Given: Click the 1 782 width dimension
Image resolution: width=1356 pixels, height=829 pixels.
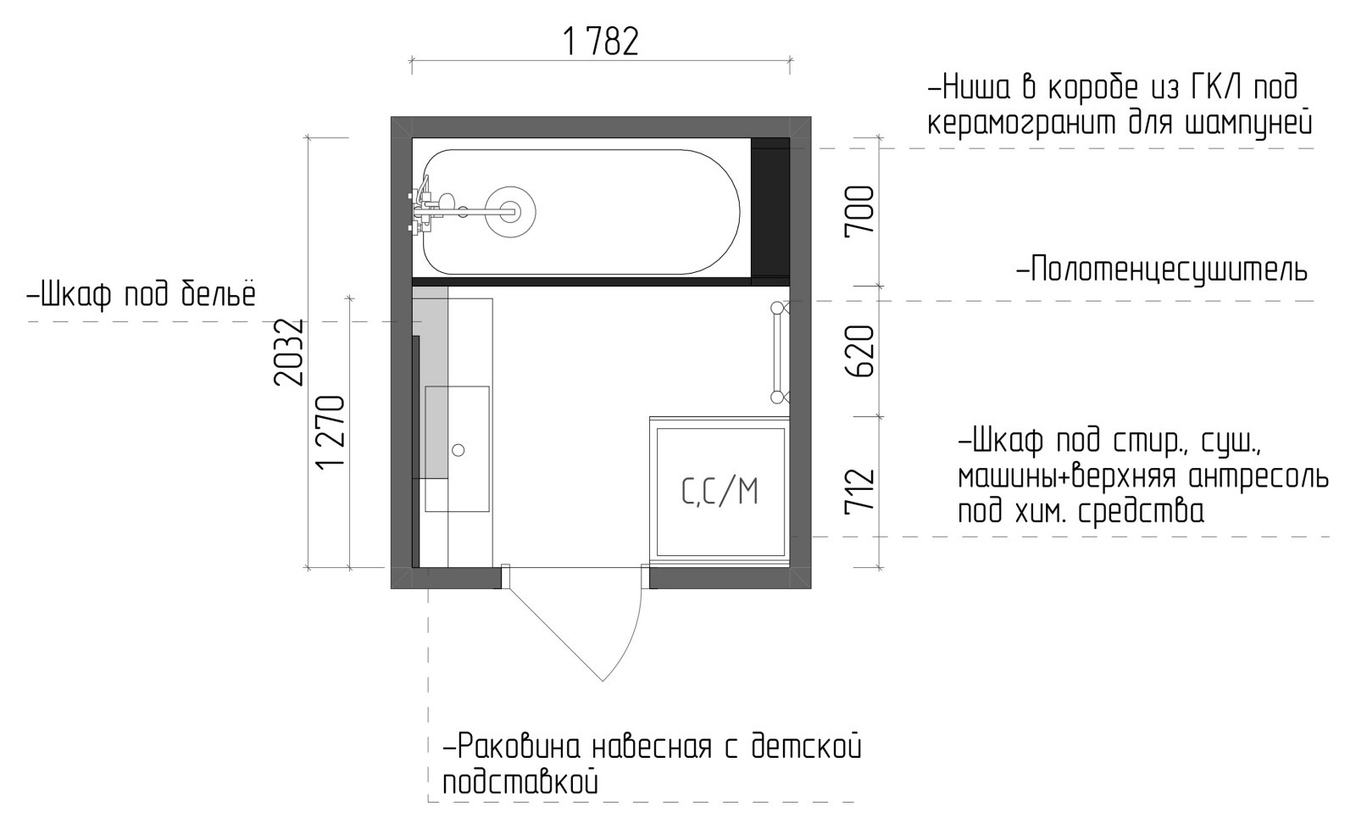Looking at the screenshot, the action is point(601,42).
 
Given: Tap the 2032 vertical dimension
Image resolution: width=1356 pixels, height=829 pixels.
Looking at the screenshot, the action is point(288,353).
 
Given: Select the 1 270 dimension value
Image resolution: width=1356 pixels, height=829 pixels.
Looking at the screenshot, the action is point(331,431).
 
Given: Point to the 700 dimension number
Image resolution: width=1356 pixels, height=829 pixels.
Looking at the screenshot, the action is point(859,209).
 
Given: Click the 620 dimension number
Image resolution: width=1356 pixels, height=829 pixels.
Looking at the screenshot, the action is point(859,352).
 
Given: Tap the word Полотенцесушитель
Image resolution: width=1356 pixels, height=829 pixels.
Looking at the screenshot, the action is point(1163,270).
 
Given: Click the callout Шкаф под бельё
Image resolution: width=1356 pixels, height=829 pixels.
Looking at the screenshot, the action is point(142,295).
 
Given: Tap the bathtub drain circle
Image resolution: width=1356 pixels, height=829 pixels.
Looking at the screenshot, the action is point(510,212).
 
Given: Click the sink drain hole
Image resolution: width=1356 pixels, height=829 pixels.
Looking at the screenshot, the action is point(458,450).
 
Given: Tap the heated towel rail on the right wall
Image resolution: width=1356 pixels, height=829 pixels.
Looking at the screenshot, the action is point(779,353).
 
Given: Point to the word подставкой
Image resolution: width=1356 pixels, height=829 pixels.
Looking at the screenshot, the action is point(520,782).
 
